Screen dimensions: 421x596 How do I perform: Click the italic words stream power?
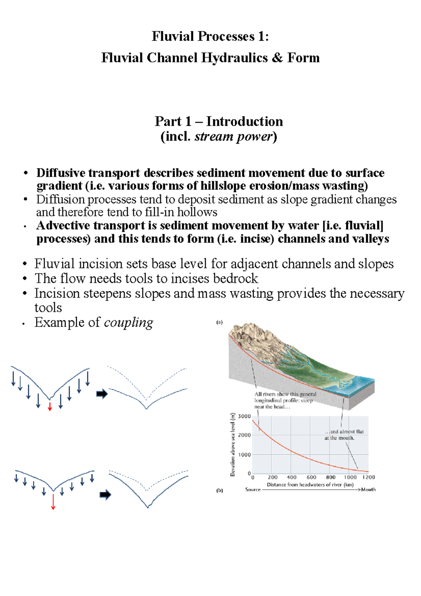tap(233, 137)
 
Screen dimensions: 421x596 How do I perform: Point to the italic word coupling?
tap(128, 323)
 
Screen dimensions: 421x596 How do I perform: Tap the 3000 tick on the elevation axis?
tap(244, 417)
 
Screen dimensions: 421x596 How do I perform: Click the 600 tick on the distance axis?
tap(311, 477)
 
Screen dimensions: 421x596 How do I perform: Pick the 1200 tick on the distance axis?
tap(368, 477)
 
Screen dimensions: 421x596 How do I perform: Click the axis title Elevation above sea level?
tap(232, 444)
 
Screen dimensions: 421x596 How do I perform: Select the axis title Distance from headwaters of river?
tap(310, 485)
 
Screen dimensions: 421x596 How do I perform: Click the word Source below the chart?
tap(253, 490)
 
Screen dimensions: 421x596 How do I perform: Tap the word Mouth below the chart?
tap(368, 490)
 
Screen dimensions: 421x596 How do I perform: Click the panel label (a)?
tap(219, 322)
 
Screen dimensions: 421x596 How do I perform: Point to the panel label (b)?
tap(220, 490)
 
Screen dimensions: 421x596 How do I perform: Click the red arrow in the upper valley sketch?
tap(50, 406)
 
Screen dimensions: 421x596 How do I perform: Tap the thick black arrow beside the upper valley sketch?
tap(102, 394)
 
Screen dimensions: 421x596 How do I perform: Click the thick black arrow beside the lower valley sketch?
tap(105, 495)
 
